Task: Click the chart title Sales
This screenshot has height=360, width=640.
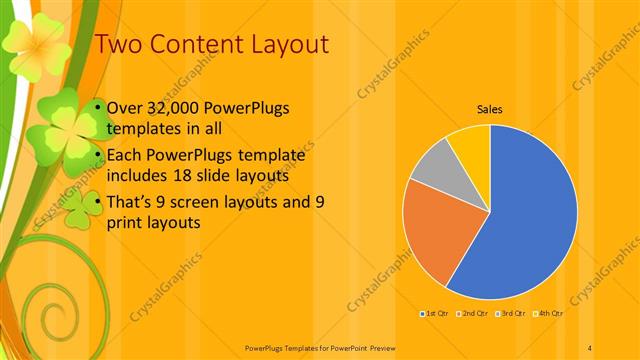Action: pos(489,109)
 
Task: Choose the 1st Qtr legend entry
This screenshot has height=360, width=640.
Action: pos(435,314)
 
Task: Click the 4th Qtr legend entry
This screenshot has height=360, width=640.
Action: pos(547,314)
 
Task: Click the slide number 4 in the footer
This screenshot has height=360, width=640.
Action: pos(591,347)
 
